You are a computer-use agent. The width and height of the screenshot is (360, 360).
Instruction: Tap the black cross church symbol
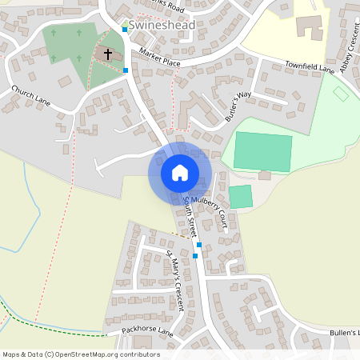(108, 54)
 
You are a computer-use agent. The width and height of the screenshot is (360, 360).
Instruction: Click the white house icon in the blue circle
(180, 172)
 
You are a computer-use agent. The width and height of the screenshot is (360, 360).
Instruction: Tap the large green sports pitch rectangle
(262, 152)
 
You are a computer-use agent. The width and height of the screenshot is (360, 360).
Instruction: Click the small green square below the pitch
(240, 197)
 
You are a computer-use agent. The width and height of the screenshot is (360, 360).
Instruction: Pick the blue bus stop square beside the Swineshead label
(124, 29)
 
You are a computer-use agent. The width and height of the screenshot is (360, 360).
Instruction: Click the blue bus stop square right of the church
(126, 70)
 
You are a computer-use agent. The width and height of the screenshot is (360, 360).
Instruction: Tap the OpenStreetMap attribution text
(81, 354)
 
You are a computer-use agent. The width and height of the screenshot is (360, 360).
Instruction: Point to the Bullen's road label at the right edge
(345, 332)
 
